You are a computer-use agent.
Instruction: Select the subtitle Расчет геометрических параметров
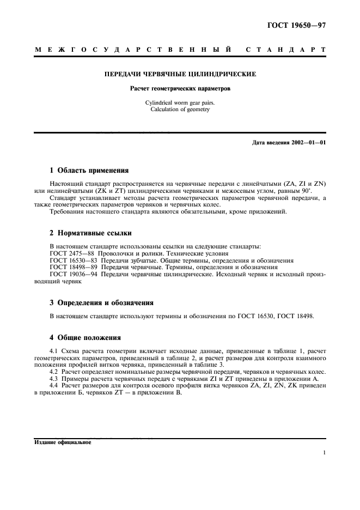tap(180, 88)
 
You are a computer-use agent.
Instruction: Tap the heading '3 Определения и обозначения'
tap(101, 302)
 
